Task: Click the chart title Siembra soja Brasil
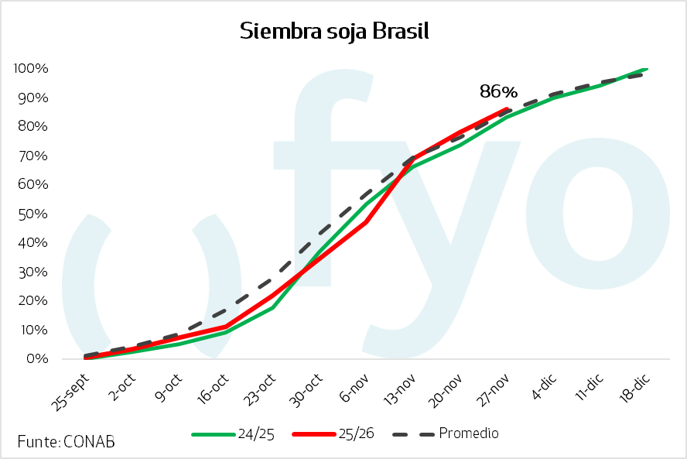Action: [334, 31]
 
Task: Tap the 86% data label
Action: [498, 91]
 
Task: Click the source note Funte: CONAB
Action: [66, 441]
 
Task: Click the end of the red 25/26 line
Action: [506, 109]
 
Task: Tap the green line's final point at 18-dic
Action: [646, 69]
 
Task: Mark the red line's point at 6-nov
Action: [365, 222]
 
